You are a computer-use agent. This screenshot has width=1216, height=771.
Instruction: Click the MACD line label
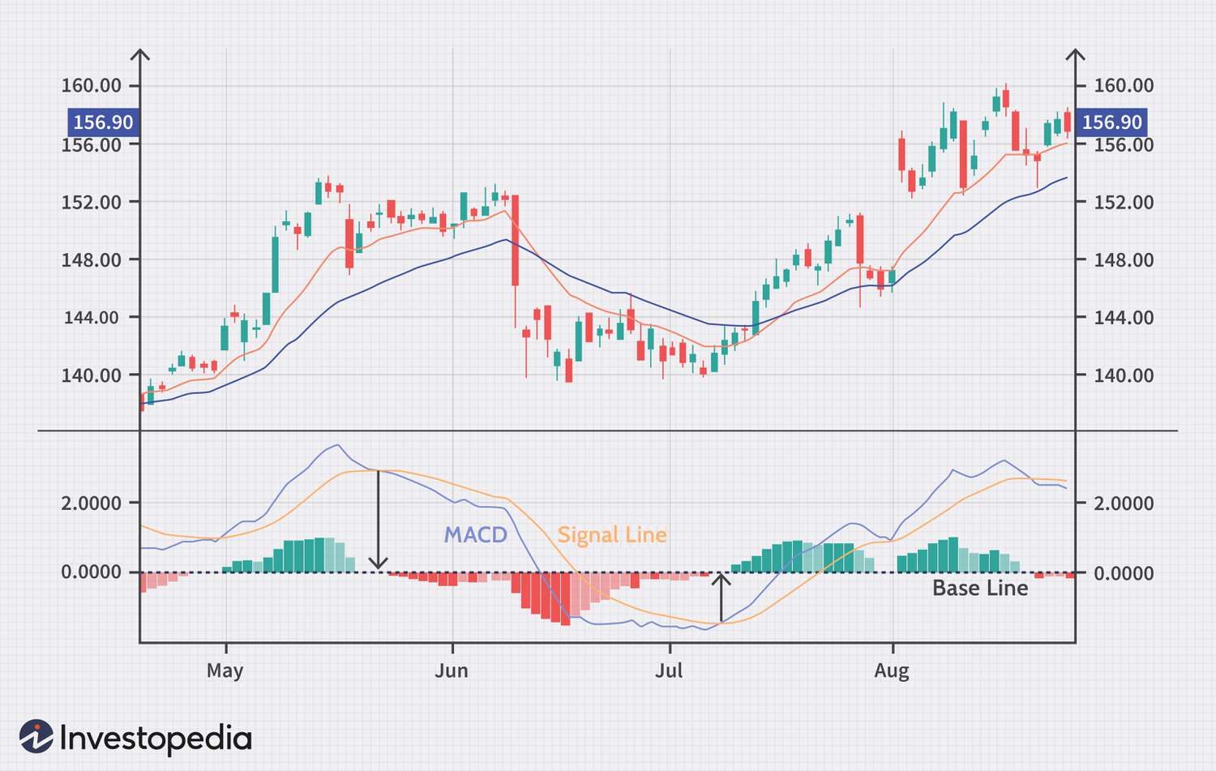tap(475, 535)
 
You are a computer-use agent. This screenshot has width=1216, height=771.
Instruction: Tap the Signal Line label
tap(612, 535)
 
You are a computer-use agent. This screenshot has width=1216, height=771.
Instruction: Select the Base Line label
tap(979, 588)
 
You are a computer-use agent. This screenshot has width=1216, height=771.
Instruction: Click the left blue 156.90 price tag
tap(103, 122)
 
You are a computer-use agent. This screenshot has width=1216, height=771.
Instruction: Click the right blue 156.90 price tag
tap(1111, 122)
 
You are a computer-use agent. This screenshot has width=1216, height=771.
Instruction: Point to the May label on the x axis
tap(225, 670)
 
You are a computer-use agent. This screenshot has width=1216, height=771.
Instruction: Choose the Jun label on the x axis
tap(451, 670)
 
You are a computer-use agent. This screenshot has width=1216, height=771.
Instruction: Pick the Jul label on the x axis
tap(669, 670)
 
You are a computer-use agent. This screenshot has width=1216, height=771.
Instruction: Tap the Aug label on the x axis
tap(892, 670)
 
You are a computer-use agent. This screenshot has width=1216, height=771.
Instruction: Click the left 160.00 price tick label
tap(91, 85)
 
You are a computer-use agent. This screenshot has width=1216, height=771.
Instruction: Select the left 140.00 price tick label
tap(91, 375)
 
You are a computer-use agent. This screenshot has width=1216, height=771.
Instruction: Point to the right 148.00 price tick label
tap(1124, 260)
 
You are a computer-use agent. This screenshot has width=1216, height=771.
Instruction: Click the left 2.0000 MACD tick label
tap(91, 503)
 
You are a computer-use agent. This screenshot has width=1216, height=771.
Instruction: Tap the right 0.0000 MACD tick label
tap(1124, 573)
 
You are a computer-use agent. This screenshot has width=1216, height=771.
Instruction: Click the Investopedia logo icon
tap(36, 736)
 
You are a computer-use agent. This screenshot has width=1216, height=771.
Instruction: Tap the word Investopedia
tap(156, 739)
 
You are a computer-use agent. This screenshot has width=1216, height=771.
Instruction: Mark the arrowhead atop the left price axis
tap(140, 54)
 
